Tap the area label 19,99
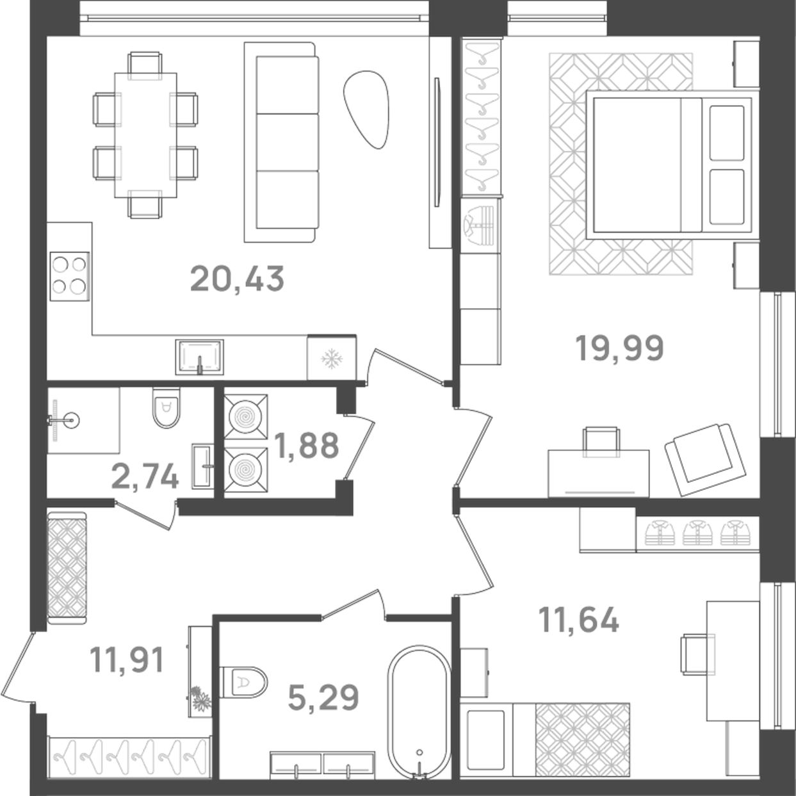[620, 349]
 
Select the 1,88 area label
[306, 446]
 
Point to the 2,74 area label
[145, 476]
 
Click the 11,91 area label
[127, 660]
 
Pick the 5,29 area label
[323, 697]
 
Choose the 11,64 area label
[579, 620]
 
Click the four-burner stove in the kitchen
[69, 275]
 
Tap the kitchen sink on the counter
[200, 357]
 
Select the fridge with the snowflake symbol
[332, 357]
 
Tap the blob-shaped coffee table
[366, 109]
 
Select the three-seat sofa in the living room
[280, 142]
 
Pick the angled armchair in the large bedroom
[704, 458]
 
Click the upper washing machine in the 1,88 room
[246, 417]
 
